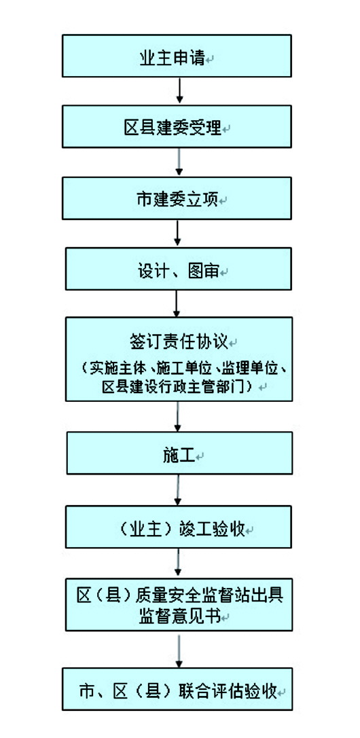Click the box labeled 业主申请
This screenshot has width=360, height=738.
pyautogui.click(x=177, y=56)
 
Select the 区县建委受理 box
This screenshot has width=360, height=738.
pyautogui.click(x=177, y=126)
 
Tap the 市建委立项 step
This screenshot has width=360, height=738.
pyautogui.click(x=177, y=198)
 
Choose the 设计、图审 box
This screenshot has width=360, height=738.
pyautogui.click(x=179, y=269)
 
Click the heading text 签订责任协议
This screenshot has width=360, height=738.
pyautogui.click(x=177, y=342)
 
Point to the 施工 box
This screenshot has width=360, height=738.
pyautogui.click(x=179, y=453)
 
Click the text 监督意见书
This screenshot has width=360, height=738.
pyautogui.click(x=179, y=616)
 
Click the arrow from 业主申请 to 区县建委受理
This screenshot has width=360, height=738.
pyautogui.click(x=179, y=91)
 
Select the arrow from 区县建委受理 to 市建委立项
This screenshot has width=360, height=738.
pyautogui.click(x=179, y=162)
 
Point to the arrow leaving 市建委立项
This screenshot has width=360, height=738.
pyautogui.click(x=177, y=234)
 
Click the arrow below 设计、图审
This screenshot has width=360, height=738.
pyautogui.click(x=177, y=303)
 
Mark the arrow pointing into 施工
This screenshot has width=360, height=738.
pyautogui.click(x=177, y=417)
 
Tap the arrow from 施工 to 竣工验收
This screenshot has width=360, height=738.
pyautogui.click(x=178, y=490)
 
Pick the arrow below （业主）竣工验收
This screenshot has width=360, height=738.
pyautogui.click(x=178, y=563)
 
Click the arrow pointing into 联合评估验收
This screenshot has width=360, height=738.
pyautogui.click(x=179, y=650)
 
